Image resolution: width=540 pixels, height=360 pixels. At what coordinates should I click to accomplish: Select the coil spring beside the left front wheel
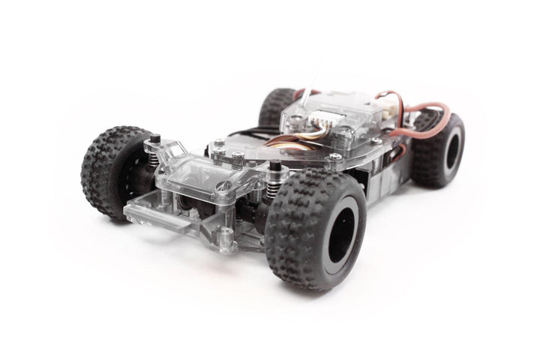154,159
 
